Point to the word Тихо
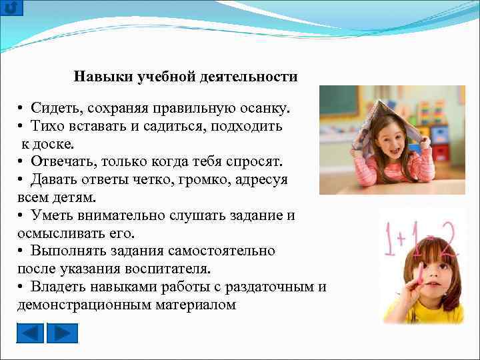pos(47,125)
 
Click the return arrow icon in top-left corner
pos(11,7)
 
